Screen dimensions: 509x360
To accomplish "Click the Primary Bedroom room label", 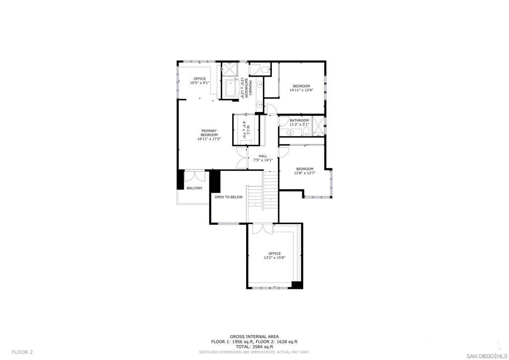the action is [x=209, y=133].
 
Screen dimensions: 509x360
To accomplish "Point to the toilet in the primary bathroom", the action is [x=265, y=69].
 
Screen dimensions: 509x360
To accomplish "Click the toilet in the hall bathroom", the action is [x=306, y=131].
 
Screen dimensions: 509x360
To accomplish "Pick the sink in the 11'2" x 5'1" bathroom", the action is [x=290, y=132].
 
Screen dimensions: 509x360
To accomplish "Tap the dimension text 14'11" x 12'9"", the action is [x=301, y=90].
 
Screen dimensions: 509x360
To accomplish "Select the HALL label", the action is [x=263, y=156].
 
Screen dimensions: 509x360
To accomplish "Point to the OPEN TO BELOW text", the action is [x=229, y=197].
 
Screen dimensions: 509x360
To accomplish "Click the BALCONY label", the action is [x=194, y=188].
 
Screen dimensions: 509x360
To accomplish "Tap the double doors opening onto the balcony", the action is [x=195, y=176].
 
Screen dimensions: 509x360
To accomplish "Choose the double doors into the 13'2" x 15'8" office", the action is [x=263, y=228].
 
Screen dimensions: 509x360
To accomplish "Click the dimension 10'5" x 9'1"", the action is [x=200, y=83].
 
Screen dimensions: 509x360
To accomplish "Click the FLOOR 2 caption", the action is [x=22, y=352].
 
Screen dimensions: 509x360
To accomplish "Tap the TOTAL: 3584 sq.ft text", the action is [x=254, y=347].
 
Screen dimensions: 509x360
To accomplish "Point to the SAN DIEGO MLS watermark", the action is [x=487, y=355].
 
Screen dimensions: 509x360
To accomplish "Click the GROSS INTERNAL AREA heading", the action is [x=254, y=337].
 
